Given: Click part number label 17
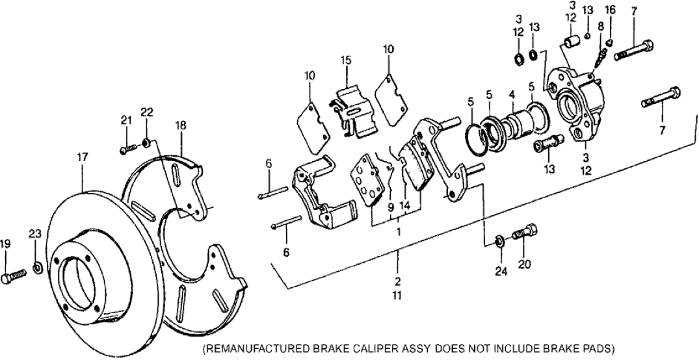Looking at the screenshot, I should [x=82, y=157].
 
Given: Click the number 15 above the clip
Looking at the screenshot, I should [x=346, y=60].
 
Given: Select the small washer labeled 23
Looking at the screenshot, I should [x=38, y=266].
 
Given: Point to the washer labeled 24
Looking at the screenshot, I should [x=498, y=241].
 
